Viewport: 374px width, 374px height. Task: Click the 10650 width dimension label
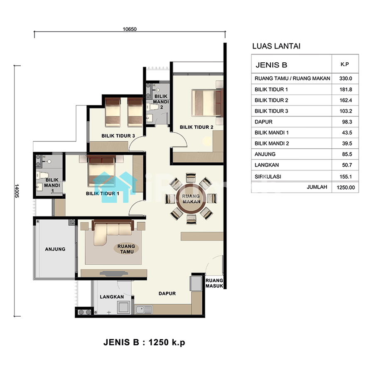point(130,29)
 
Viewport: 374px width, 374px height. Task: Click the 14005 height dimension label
point(17,191)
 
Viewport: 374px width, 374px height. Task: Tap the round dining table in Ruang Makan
point(191,199)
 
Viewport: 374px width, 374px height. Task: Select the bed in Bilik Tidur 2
point(207,103)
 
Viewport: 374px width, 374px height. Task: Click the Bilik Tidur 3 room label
point(118,136)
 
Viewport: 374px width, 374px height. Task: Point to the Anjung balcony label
point(55,249)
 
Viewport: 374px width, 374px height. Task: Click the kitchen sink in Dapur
point(144,310)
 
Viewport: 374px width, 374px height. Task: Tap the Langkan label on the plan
point(112,297)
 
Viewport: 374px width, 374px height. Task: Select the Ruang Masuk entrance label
point(214,283)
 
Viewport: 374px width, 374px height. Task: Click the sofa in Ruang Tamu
point(113,232)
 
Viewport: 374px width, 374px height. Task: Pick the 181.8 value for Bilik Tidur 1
point(346,89)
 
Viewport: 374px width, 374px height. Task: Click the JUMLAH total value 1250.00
point(346,187)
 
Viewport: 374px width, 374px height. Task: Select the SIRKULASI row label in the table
point(268,177)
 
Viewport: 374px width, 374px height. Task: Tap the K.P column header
point(344,64)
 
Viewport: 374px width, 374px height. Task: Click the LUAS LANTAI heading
point(276,46)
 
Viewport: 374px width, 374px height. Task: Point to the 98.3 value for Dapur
point(347,122)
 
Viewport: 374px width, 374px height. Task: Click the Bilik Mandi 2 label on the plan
point(161,102)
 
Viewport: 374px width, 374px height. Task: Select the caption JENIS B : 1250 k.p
point(144,342)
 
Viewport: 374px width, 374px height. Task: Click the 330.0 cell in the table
point(346,79)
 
